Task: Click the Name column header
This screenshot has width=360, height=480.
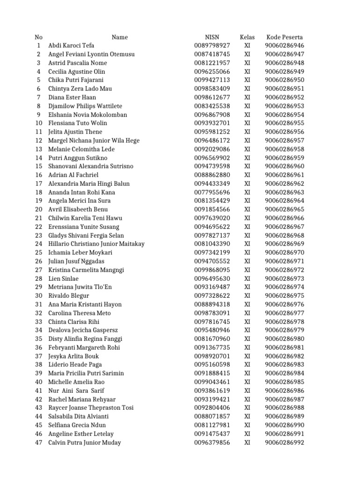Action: pos(120,37)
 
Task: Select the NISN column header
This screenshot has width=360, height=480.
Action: pos(212,37)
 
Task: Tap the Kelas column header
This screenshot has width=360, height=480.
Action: pos(247,37)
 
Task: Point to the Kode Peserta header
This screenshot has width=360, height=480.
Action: pos(285,37)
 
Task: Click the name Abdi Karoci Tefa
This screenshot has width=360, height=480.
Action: pos(71,45)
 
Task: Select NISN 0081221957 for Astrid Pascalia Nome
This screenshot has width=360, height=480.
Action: pos(212,63)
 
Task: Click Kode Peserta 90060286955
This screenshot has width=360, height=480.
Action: pos(285,123)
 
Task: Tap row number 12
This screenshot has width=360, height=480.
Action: pos(39,141)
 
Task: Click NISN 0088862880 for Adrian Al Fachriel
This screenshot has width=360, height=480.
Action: pos(212,175)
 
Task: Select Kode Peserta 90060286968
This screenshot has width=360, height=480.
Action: pos(285,235)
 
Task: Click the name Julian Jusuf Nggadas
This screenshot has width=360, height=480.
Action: pos(76,261)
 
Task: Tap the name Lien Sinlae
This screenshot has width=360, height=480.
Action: pos(63,278)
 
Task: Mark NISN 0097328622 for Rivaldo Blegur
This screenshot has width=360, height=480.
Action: pos(212,296)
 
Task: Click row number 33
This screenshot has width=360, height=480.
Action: pos(39,322)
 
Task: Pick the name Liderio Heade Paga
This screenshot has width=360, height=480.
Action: pos(75,365)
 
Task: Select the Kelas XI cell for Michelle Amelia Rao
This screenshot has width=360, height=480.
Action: pos(247,382)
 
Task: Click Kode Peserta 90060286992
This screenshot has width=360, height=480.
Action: pos(285,442)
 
